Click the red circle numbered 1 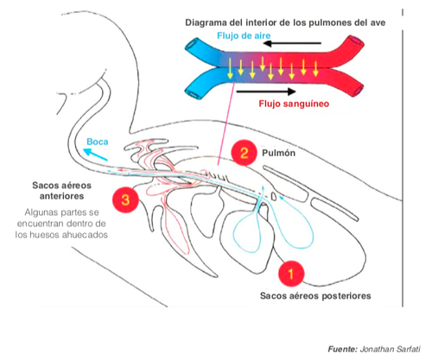tap(291, 274)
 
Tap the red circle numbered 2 tap(244, 153)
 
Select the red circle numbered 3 tap(125, 199)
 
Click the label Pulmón tap(278, 153)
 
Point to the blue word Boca tap(98, 142)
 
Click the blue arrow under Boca tap(95, 155)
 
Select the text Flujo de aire tap(244, 35)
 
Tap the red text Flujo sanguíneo tap(294, 104)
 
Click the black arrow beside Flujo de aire tap(292, 43)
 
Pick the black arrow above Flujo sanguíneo tap(266, 92)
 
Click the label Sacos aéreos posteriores tap(315, 296)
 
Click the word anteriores tap(61, 196)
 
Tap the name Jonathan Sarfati tap(390, 350)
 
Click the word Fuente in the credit tap(342, 350)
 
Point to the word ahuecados tap(86, 235)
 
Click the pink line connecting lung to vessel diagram tap(226, 123)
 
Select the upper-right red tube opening tap(357, 41)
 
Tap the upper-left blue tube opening tap(192, 45)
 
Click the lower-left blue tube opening tap(192, 92)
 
